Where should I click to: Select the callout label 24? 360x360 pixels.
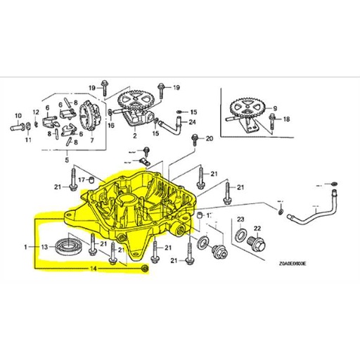click(x=192, y=121)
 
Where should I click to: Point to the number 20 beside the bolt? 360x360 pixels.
click(x=208, y=139)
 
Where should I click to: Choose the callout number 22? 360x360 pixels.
click(x=257, y=228)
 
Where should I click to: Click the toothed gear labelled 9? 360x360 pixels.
click(x=247, y=108)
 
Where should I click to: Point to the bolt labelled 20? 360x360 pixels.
click(x=191, y=140)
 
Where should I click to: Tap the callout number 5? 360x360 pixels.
click(x=68, y=160)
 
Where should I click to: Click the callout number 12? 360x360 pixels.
click(x=36, y=112)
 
